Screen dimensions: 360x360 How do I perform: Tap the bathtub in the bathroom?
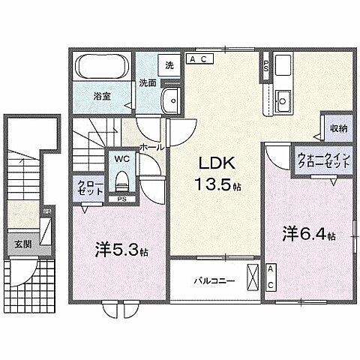click(103, 69)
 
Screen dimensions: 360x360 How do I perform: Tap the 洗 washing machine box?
click(169, 65)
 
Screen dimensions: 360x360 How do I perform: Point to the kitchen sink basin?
click(284, 98)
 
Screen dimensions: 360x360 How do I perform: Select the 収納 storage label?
click(337, 128)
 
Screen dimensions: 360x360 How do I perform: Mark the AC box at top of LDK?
click(200, 58)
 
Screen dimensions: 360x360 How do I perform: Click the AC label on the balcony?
click(271, 277)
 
